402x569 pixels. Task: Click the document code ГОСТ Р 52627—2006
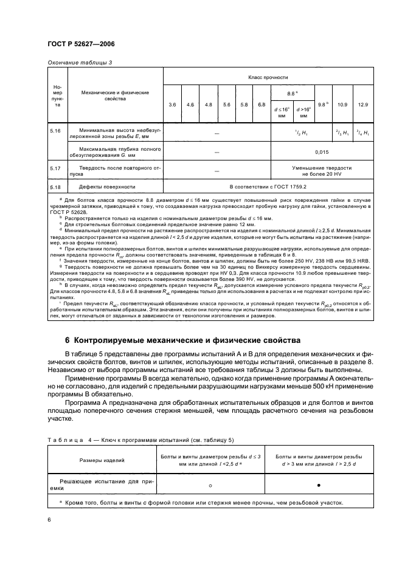coord(81,44)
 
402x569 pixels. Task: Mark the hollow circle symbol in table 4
coord(210,485)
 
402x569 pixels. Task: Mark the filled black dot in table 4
coord(318,485)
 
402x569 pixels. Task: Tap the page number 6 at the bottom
coord(49,520)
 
